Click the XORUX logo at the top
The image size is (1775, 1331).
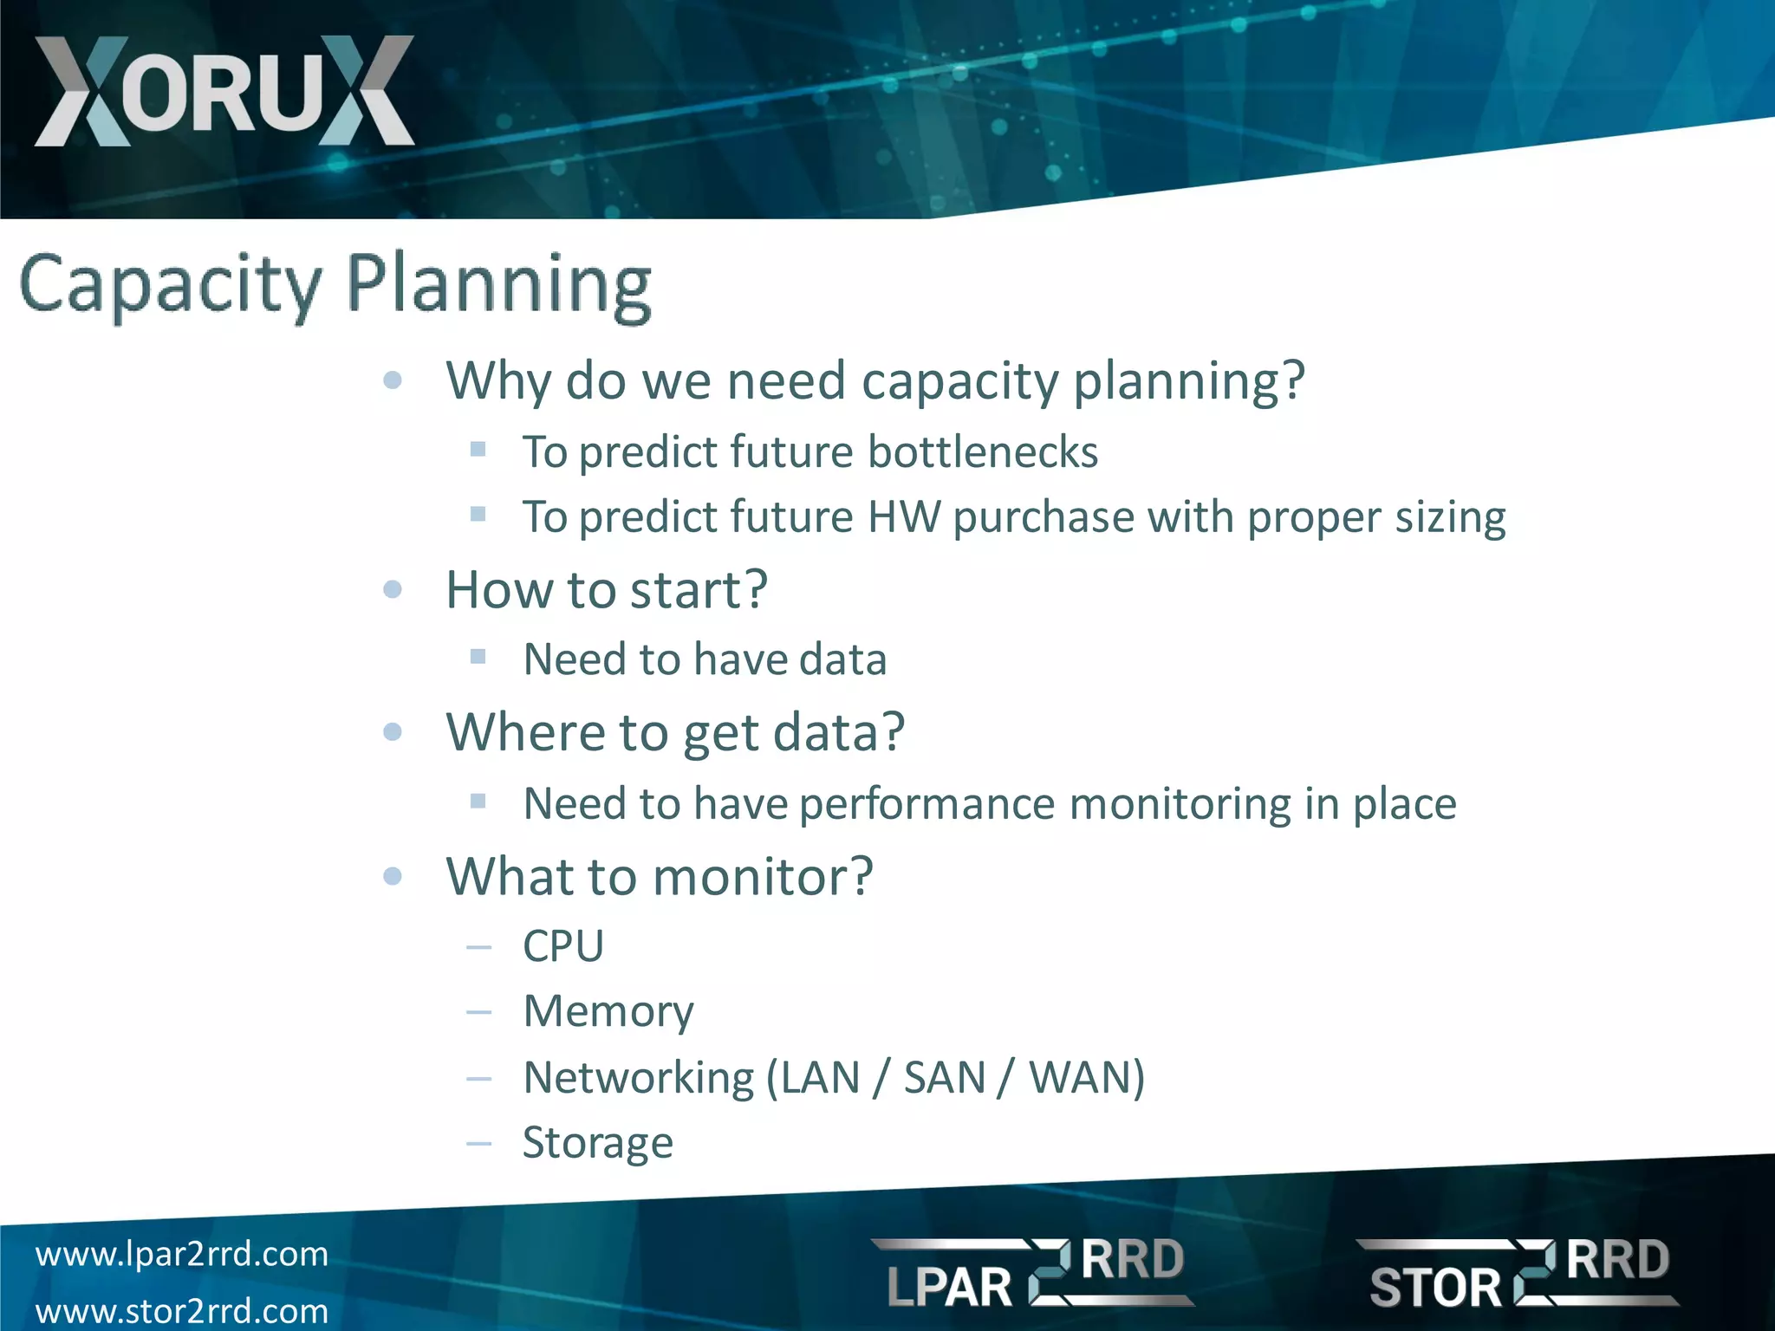(224, 91)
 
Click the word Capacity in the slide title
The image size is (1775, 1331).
(170, 284)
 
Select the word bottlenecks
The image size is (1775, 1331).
(983, 452)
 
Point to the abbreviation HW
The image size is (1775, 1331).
(904, 517)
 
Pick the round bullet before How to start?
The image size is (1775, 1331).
(393, 590)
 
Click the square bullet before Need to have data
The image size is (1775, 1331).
(478, 657)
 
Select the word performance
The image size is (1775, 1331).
(927, 805)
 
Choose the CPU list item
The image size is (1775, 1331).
(563, 945)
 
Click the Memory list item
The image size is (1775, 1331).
(608, 1011)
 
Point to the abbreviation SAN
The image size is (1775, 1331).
(945, 1078)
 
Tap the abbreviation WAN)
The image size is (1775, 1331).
(1087, 1078)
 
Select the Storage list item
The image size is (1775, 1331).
(598, 1144)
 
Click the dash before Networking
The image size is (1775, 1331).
(478, 1079)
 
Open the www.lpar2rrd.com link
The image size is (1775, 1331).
(182, 1254)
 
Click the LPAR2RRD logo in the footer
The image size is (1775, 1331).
(1033, 1272)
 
